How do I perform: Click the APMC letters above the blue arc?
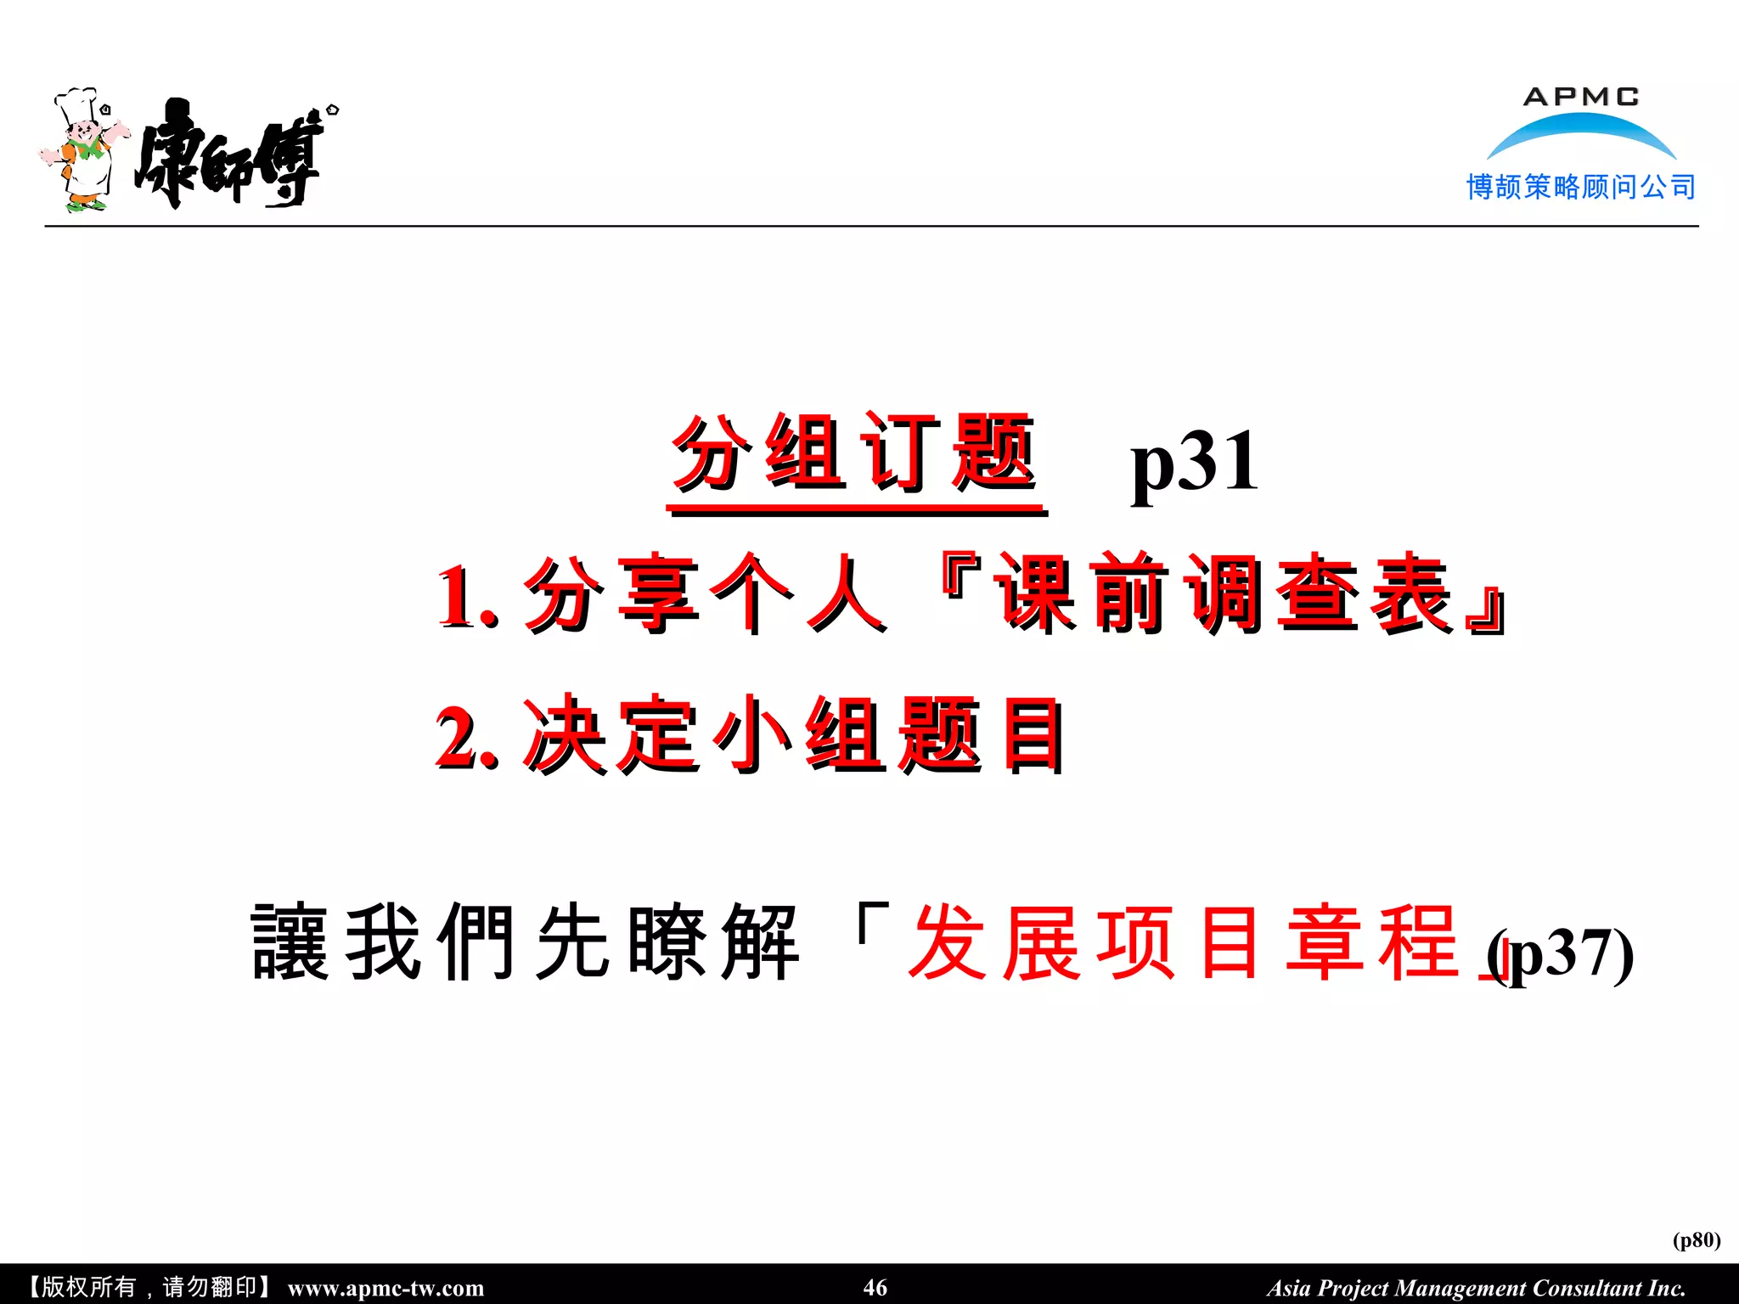(1581, 97)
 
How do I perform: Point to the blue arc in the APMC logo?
(1581, 132)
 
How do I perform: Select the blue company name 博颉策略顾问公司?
(1581, 187)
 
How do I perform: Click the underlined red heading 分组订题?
(854, 454)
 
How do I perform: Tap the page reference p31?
(1194, 463)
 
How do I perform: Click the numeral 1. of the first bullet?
(466, 597)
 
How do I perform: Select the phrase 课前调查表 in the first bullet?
(1223, 594)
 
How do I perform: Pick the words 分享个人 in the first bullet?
(705, 594)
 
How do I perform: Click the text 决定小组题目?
(793, 735)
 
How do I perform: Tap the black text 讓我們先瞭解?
(525, 942)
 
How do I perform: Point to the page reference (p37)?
(1562, 955)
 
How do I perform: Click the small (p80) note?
(1696, 1239)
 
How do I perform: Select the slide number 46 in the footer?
(875, 1287)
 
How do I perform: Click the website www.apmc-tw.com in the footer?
(386, 1288)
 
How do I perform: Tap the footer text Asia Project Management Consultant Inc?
(1476, 1288)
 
